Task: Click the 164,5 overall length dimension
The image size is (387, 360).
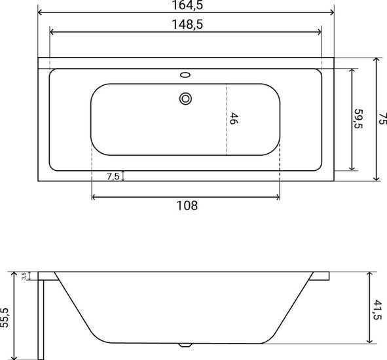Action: coord(187,5)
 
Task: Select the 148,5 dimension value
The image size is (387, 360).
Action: coord(187,24)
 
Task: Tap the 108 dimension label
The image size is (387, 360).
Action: coord(187,206)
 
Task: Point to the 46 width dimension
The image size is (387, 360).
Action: coord(234,118)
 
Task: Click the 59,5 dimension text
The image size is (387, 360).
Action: coord(358,118)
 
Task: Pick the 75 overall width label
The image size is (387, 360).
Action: coord(382,118)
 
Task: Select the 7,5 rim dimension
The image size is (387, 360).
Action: coord(113,176)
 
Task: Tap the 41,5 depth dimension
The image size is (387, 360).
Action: coord(377,310)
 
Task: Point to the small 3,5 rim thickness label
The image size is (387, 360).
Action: coord(24,276)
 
